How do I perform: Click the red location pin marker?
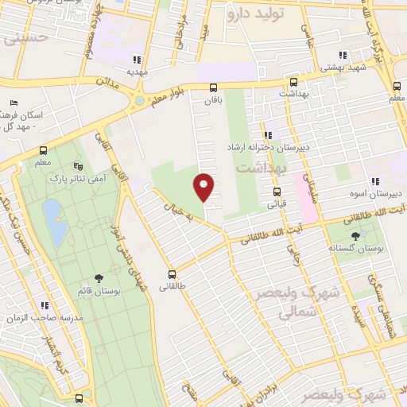[x=204, y=186]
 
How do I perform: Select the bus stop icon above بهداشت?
[x=293, y=82]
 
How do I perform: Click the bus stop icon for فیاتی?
[x=277, y=191]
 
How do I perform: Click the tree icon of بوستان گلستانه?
[x=354, y=236]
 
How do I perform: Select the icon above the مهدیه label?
[x=138, y=59]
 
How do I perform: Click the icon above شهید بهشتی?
[x=343, y=55]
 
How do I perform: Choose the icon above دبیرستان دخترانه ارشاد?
[x=268, y=134]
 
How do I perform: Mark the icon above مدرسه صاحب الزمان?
[x=45, y=304]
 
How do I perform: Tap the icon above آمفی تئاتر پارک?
[x=77, y=165]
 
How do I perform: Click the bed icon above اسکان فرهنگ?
[x=14, y=103]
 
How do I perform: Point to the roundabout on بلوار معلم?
[x=141, y=100]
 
